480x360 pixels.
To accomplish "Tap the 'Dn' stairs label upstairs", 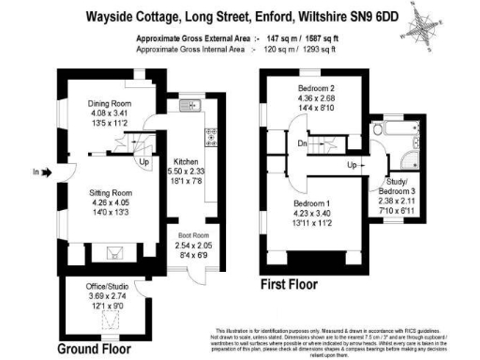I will [x=302, y=143].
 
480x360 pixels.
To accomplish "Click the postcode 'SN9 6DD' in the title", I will [x=366, y=16].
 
